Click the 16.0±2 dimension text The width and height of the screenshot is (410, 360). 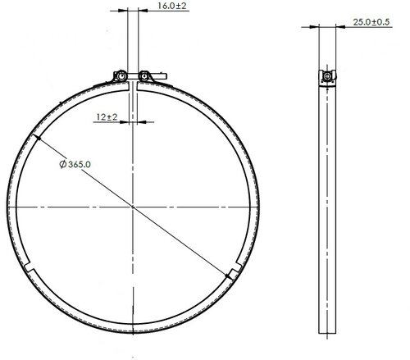tap(172, 6)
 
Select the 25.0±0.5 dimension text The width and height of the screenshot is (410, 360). tap(371, 22)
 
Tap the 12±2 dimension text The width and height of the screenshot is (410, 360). tap(107, 117)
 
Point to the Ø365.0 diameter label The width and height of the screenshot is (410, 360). tap(75, 164)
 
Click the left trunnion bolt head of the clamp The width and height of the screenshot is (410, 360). tap(121, 75)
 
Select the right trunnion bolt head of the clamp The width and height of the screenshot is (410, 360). tap(143, 75)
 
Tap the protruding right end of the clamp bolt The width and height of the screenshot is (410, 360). tap(162, 75)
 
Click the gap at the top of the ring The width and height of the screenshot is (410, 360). tap(133, 86)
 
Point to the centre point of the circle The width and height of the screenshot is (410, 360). tap(133, 207)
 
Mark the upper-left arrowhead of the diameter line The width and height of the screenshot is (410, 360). tap(37, 138)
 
